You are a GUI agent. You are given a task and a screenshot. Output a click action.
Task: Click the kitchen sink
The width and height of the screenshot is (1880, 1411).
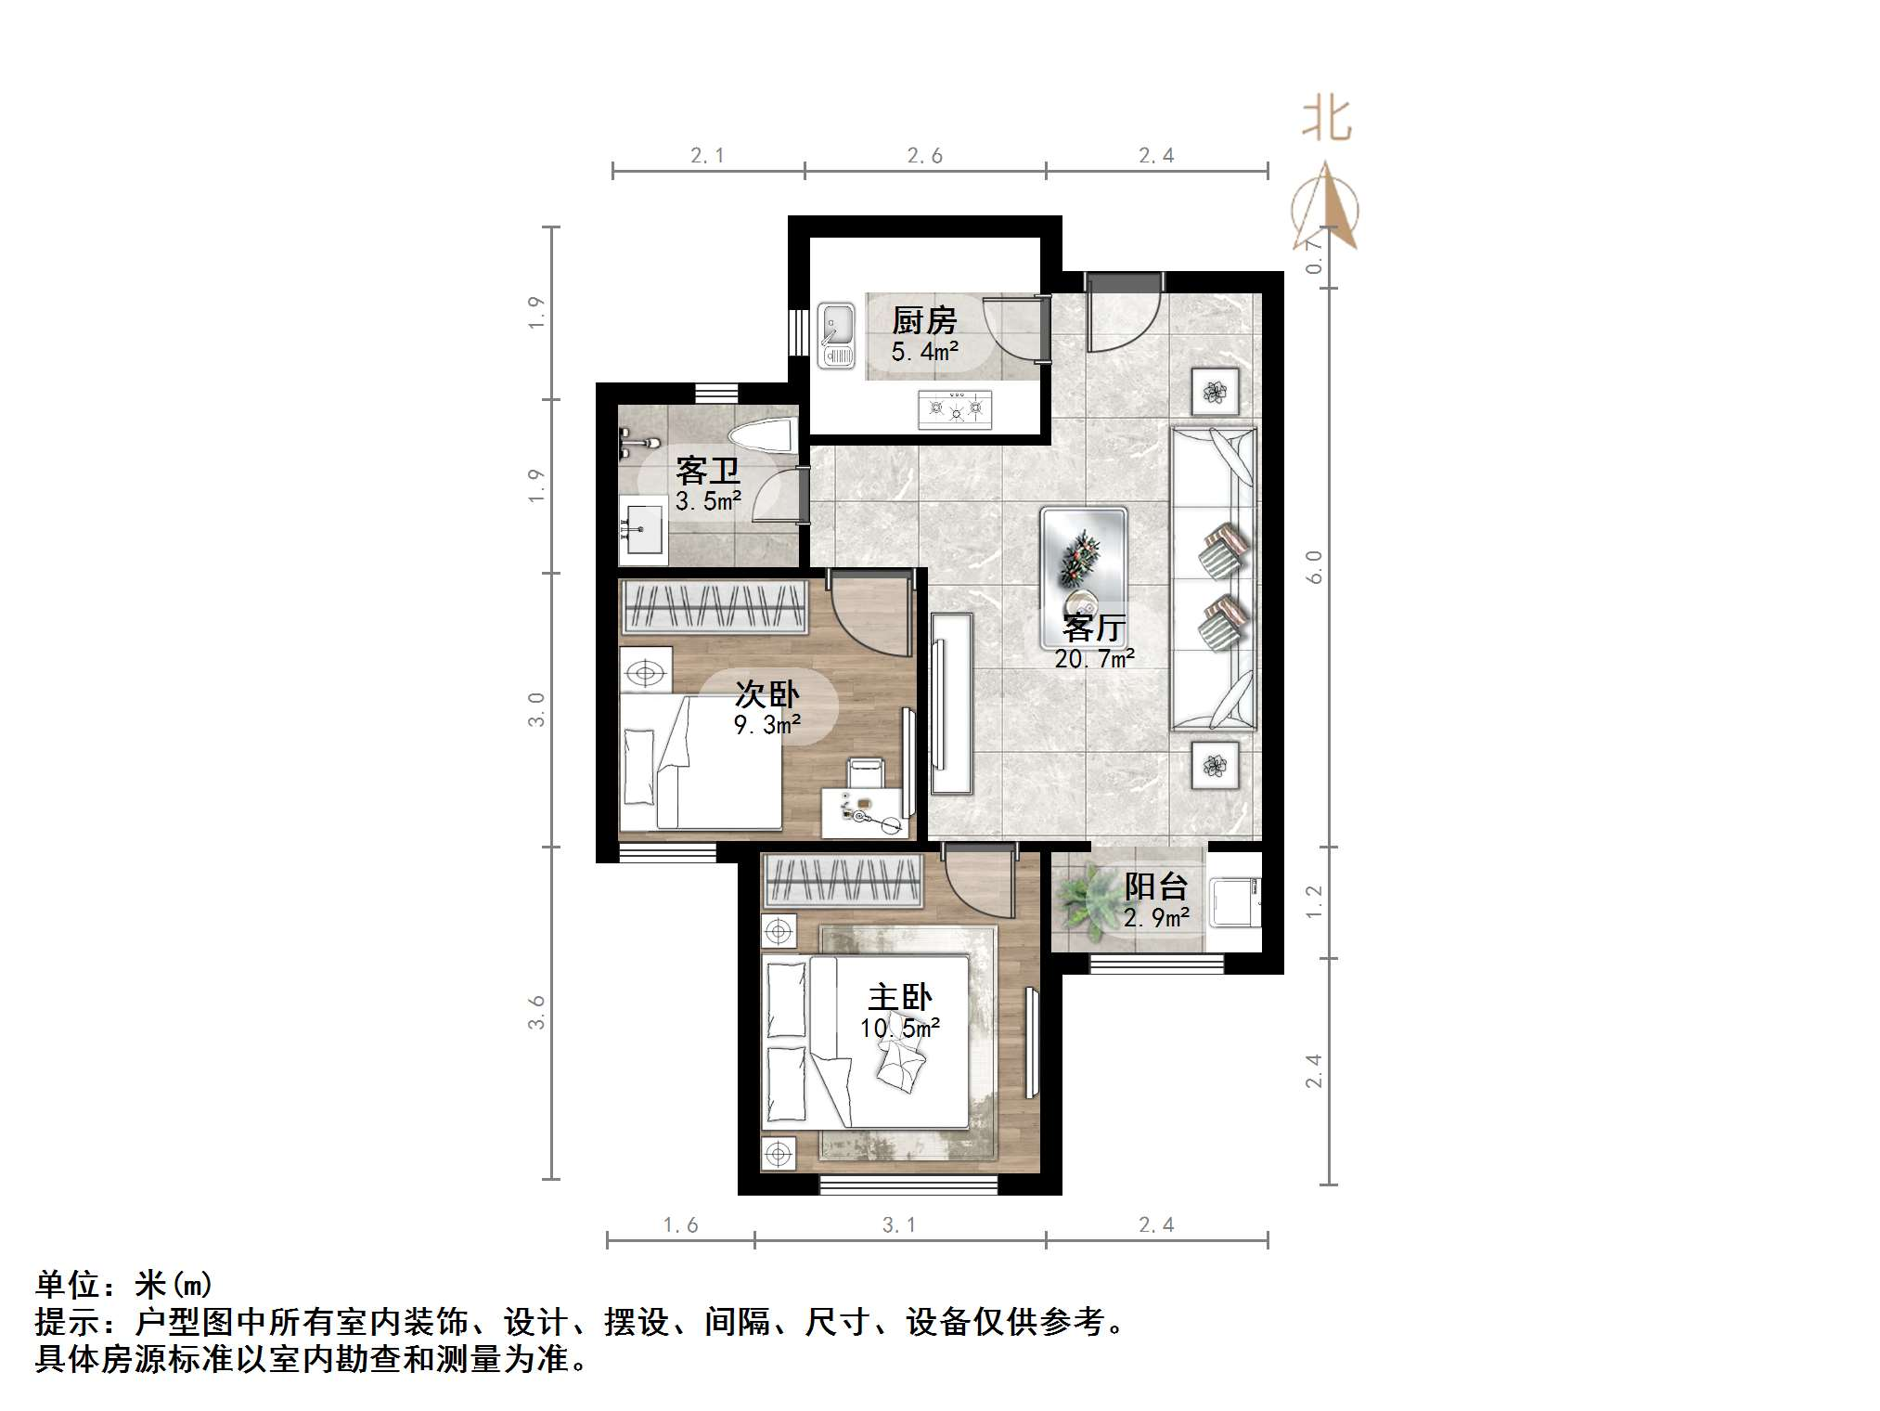click(837, 335)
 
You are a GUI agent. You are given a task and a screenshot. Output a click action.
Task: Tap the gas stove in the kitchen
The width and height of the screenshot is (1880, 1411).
click(955, 408)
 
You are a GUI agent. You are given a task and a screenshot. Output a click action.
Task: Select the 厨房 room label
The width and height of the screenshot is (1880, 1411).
click(924, 321)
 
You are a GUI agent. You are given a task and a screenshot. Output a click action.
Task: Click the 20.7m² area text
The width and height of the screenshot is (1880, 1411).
click(1094, 659)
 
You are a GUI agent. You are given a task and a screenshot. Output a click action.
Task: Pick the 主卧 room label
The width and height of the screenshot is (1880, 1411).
click(899, 998)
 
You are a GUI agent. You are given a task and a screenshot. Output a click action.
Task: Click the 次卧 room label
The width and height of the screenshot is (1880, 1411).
click(767, 694)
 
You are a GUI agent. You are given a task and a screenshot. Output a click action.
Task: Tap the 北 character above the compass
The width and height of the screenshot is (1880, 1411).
click(1326, 121)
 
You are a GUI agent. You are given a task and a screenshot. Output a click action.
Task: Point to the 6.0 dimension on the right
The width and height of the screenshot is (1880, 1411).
click(1314, 566)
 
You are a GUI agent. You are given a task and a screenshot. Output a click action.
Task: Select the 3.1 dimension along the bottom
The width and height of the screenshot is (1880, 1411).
click(898, 1225)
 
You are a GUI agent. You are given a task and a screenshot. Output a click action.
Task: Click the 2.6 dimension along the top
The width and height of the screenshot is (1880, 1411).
click(924, 156)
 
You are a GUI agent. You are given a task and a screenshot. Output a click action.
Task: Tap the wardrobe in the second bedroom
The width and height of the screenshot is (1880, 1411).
click(713, 607)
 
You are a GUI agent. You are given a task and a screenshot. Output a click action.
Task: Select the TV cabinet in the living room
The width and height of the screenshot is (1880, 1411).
click(952, 704)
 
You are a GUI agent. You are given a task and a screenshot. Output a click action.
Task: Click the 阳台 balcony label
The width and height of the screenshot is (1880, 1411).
click(1155, 887)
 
